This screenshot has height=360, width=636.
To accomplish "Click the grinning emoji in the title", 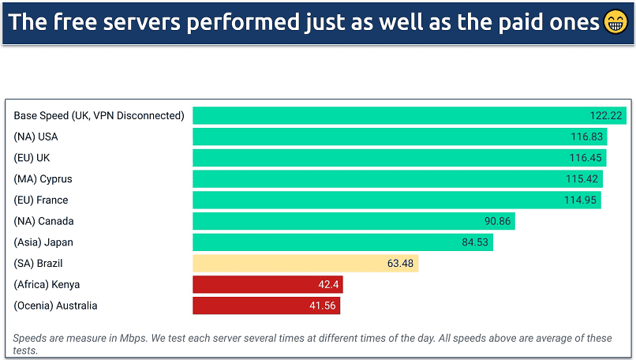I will point(616,22).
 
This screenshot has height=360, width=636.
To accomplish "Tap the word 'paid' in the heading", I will point(509,22).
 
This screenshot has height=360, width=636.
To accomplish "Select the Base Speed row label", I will point(99,115).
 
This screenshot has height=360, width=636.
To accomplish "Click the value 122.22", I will point(606,115).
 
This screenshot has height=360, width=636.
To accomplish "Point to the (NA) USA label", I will point(36,137).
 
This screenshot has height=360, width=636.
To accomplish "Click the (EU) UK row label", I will point(32,158).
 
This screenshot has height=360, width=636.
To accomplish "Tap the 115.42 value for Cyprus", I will point(582,179).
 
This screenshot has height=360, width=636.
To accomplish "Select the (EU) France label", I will point(41,200).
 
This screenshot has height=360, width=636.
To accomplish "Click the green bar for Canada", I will point(339,221).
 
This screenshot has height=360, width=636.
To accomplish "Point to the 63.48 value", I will point(400,264).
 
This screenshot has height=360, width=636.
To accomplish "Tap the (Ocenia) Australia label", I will point(55,306).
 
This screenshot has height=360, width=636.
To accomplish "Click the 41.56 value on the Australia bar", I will point(324,306).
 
